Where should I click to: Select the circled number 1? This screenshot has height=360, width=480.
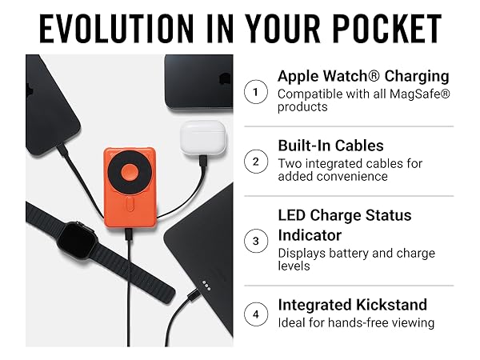255,92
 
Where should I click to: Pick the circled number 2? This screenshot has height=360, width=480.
255,162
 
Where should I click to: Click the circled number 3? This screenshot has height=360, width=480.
255,241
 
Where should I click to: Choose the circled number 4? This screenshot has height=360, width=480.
255,314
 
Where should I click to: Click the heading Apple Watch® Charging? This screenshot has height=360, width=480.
362,77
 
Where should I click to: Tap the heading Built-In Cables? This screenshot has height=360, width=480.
330,146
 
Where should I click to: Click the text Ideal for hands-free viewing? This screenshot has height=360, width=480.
355,323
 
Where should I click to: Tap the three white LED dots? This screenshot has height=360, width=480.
206,285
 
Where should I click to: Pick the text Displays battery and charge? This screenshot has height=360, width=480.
358,254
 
